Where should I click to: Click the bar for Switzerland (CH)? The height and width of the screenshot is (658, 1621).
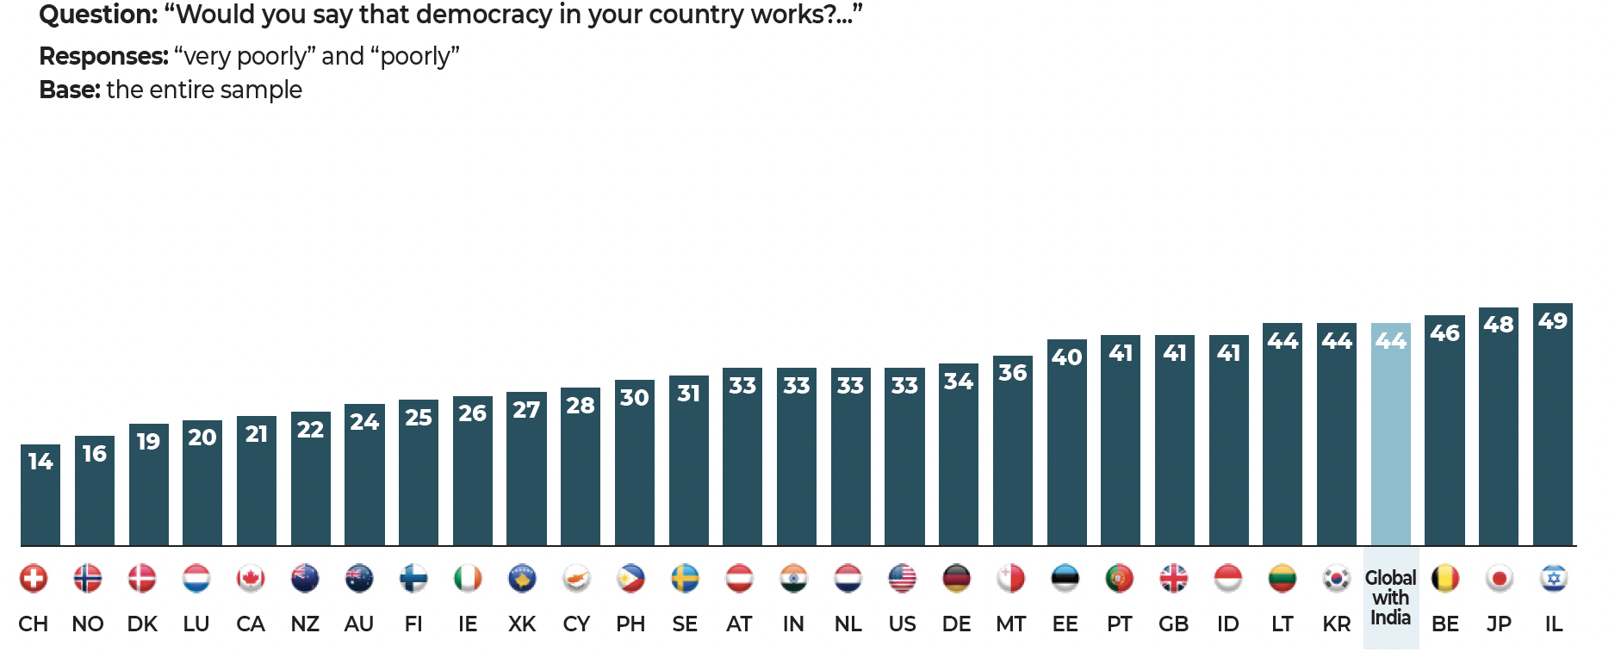click(x=40, y=500)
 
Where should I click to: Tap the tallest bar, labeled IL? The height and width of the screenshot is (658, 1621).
click(x=1552, y=431)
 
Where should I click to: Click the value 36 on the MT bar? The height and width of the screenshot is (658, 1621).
click(x=1012, y=373)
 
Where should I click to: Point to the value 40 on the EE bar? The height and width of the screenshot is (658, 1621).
click(x=1066, y=357)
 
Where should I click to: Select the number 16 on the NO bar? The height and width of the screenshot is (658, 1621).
click(x=94, y=454)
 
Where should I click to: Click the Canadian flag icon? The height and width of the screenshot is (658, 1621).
click(x=251, y=579)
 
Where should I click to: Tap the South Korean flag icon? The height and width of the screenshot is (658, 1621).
click(x=1336, y=579)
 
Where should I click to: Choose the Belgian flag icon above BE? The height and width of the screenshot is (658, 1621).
click(x=1444, y=579)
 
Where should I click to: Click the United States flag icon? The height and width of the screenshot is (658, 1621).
click(x=902, y=579)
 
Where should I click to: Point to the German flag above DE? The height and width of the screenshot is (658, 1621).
click(x=956, y=579)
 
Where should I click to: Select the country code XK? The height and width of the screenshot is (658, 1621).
click(x=522, y=624)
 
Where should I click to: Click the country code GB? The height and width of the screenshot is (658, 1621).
click(x=1173, y=624)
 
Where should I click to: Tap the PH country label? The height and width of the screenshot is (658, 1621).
click(x=630, y=624)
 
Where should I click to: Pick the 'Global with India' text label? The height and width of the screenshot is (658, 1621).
click(x=1390, y=598)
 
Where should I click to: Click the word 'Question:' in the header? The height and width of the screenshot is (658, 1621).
click(x=98, y=15)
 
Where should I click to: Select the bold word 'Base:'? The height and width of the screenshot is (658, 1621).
click(x=70, y=90)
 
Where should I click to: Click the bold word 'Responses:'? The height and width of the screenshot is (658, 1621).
click(x=103, y=56)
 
